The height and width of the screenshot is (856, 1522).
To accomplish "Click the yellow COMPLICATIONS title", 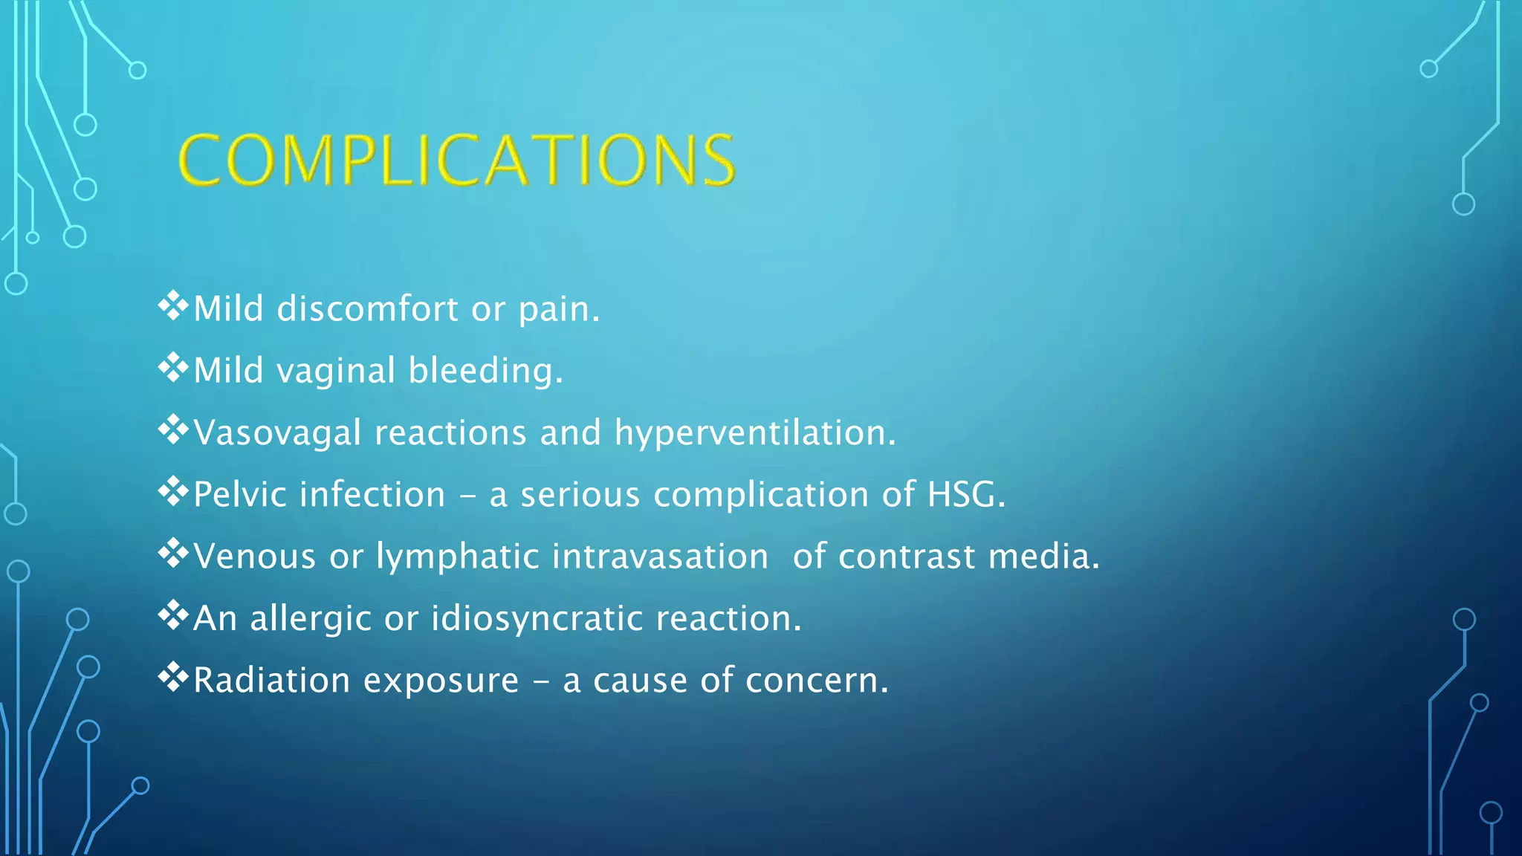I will click(x=457, y=160).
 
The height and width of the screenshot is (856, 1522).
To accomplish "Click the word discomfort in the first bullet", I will click(x=367, y=309).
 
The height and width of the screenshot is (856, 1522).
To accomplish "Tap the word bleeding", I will click(x=485, y=371).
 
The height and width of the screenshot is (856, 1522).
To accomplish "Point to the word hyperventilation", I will click(x=754, y=433).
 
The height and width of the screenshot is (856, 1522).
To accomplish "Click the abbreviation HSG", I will click(x=965, y=495).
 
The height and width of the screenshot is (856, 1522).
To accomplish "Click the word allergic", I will click(x=310, y=619).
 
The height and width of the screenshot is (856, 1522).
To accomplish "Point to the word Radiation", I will click(x=271, y=681).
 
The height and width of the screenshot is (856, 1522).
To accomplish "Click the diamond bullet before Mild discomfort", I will click(x=173, y=306).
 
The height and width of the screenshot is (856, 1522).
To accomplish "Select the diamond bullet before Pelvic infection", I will click(x=173, y=492).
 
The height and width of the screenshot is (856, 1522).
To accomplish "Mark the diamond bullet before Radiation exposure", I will click(x=173, y=678).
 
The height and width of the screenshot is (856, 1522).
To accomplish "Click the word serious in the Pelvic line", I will click(x=580, y=495).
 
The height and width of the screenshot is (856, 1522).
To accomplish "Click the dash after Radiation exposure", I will click(x=541, y=682).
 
